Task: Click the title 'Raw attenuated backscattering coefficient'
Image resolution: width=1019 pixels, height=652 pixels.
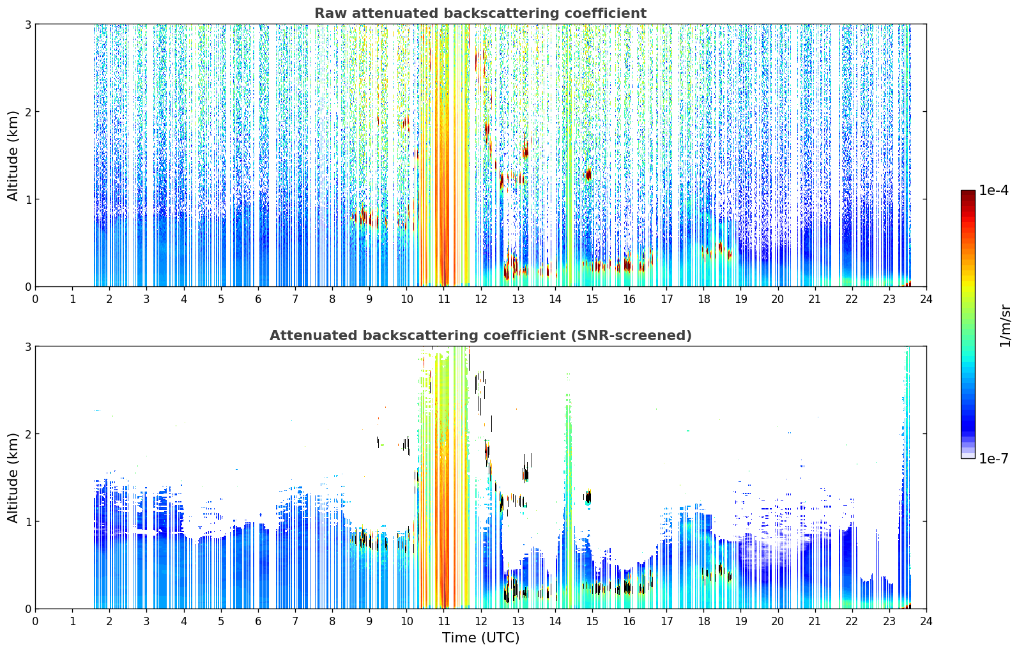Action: coord(480,13)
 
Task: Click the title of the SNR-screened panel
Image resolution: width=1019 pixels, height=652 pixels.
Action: coord(480,335)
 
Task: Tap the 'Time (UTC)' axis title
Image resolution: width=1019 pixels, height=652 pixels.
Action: coord(480,637)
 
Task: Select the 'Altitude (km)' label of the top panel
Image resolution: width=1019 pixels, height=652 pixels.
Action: coord(13,155)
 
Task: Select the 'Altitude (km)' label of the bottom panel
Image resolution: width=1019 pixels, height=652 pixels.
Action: coord(13,477)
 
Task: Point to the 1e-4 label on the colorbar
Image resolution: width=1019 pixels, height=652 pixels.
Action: coord(993,190)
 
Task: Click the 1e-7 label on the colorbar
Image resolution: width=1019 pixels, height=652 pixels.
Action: coord(993,458)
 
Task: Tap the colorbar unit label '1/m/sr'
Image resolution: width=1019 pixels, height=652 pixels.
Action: coord(1005,326)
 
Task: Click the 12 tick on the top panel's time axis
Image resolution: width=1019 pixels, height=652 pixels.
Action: coord(481,299)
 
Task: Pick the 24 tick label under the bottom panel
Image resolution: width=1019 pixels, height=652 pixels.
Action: coord(926,621)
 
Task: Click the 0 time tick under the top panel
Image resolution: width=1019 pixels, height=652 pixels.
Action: coord(36,299)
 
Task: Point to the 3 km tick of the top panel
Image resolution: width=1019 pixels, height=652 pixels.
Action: coord(27,24)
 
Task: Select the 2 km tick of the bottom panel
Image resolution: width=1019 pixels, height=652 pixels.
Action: coord(27,434)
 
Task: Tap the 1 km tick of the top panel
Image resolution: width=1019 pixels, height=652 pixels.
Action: coord(27,199)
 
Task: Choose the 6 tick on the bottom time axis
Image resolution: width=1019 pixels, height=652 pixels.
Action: coord(258,621)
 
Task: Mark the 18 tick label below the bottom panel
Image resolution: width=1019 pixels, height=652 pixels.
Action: coord(704,621)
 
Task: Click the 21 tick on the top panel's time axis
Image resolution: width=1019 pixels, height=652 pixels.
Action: coord(815,299)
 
